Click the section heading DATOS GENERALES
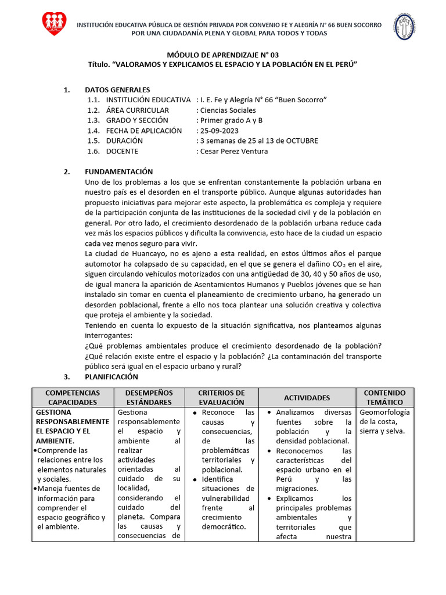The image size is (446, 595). (117, 89)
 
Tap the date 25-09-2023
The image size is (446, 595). (220, 131)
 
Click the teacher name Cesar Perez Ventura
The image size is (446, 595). (233, 151)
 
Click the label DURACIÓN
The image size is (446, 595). (124, 141)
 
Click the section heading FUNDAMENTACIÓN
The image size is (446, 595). (118, 171)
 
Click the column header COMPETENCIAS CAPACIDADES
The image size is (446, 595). (73, 397)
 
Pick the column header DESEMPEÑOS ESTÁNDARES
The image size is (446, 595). (149, 397)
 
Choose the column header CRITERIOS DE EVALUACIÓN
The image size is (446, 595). (221, 397)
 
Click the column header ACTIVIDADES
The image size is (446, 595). (307, 397)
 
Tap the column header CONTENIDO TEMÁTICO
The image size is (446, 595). (384, 397)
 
